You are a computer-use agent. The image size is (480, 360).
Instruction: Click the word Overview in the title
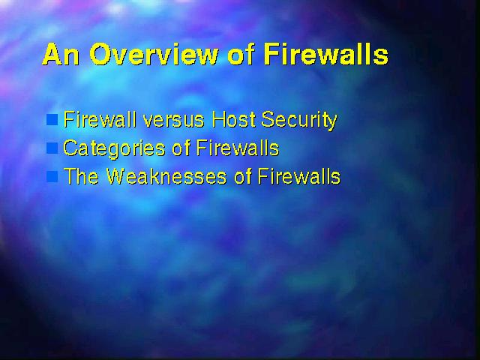pyautogui.click(x=154, y=54)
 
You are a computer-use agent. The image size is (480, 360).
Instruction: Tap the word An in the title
pyautogui.click(x=61, y=55)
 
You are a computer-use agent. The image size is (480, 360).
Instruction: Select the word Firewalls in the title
pyautogui.click(x=326, y=54)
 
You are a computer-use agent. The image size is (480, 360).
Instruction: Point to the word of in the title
pyautogui.click(x=241, y=54)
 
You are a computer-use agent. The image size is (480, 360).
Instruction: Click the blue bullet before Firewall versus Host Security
pyautogui.click(x=52, y=120)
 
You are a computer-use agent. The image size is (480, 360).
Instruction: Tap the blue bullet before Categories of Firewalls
pyautogui.click(x=52, y=148)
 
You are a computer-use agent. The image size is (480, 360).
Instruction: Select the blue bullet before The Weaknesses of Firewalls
pyautogui.click(x=52, y=177)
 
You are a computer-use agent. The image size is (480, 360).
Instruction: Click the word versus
pyautogui.click(x=173, y=120)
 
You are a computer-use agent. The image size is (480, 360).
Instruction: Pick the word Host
pyautogui.click(x=235, y=119)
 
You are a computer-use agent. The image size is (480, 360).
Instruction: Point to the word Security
pyautogui.click(x=299, y=121)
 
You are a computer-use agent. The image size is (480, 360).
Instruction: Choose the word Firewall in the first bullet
pyautogui.click(x=100, y=119)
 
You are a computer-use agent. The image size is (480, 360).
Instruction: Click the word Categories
pyautogui.click(x=114, y=148)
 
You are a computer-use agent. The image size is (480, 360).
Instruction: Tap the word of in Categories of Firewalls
pyautogui.click(x=181, y=148)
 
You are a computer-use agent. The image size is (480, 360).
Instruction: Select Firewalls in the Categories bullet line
pyautogui.click(x=237, y=148)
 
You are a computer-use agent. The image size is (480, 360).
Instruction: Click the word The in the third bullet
pyautogui.click(x=82, y=176)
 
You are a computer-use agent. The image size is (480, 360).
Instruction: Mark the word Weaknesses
pyautogui.click(x=166, y=176)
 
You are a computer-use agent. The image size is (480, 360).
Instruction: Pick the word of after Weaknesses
pyautogui.click(x=243, y=176)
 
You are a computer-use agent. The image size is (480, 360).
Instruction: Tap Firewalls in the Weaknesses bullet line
pyautogui.click(x=299, y=176)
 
